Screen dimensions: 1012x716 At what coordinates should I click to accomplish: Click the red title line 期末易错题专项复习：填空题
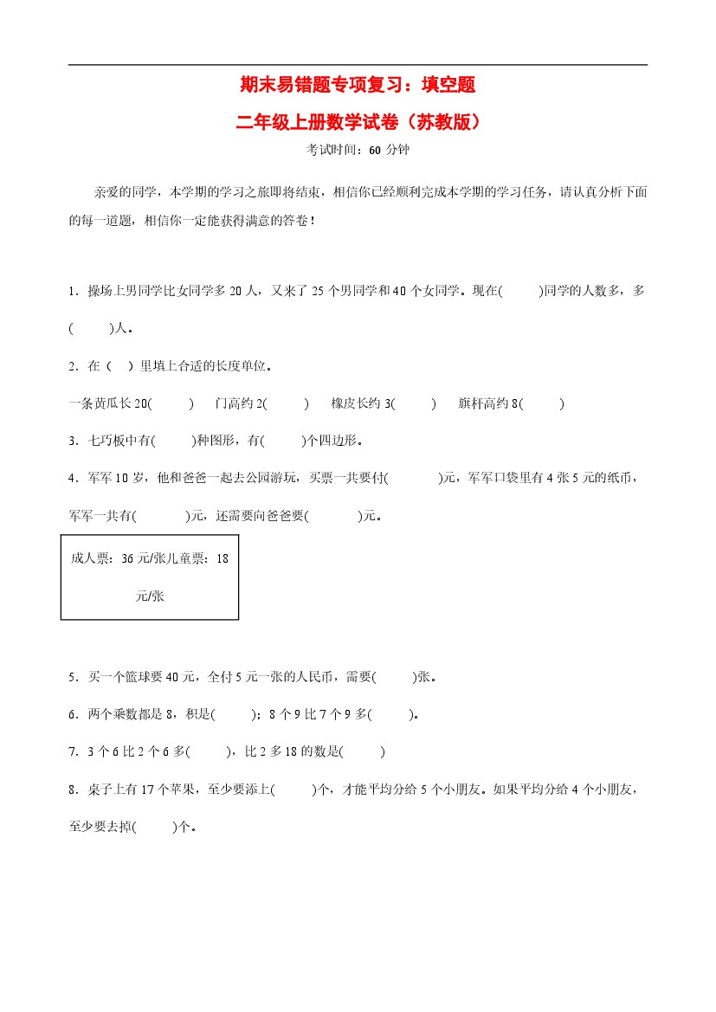click(x=358, y=85)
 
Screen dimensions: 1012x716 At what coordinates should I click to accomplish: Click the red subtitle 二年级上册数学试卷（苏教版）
click(x=358, y=122)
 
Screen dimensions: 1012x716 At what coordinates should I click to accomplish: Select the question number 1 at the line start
click(x=71, y=292)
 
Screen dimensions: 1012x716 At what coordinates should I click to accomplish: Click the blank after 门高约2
click(x=287, y=403)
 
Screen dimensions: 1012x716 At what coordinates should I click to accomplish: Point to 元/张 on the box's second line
click(x=150, y=596)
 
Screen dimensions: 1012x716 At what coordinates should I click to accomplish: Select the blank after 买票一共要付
click(x=413, y=478)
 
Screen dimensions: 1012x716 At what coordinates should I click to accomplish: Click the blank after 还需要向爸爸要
click(x=333, y=515)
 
